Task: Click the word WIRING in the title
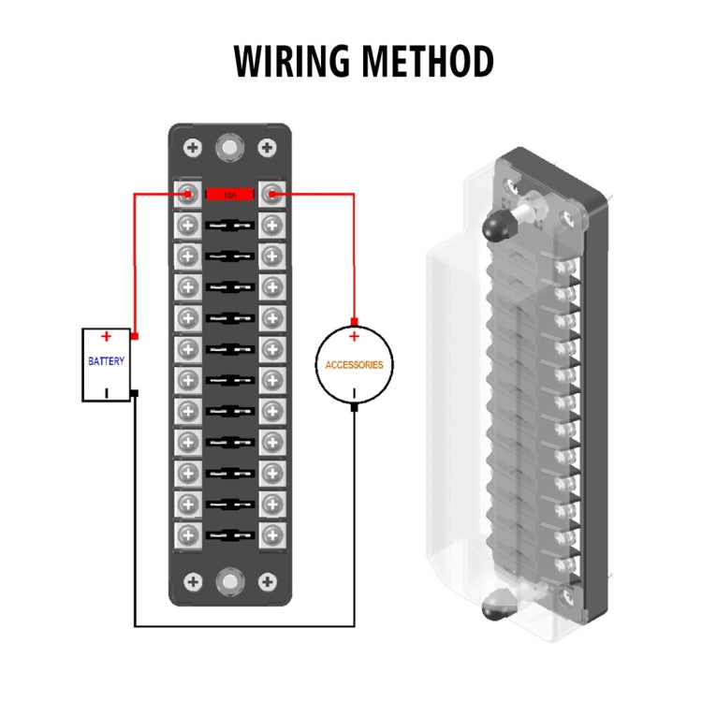291,61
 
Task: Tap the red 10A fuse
229,195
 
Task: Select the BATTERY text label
106,361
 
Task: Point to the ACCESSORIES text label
354,365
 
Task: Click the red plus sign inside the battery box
106,336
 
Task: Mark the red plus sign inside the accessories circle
354,336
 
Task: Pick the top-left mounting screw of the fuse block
193,148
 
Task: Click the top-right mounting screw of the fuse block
267,148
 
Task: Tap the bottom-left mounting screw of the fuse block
193,581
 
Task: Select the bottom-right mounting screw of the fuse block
267,581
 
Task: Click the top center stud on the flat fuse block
229,148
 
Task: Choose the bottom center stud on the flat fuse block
229,581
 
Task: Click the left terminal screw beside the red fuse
188,195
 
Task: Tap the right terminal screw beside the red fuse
271,195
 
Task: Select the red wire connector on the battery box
135,336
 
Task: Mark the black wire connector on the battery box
135,393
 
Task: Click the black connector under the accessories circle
354,408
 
